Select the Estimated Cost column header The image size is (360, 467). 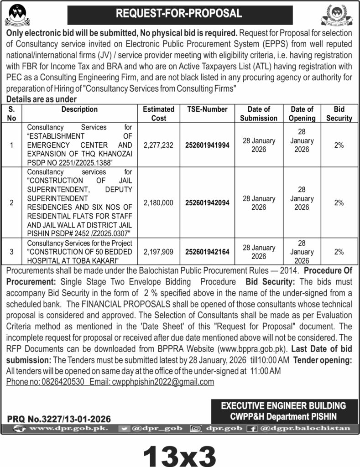(x=158, y=114)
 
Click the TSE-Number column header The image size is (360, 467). (x=207, y=109)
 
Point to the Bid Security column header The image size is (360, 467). (x=339, y=114)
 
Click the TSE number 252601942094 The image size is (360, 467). (x=207, y=202)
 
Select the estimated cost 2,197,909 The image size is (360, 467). (x=158, y=251)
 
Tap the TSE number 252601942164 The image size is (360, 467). (x=207, y=251)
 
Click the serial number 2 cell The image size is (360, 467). (x=12, y=202)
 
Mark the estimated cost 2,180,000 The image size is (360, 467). (x=158, y=202)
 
